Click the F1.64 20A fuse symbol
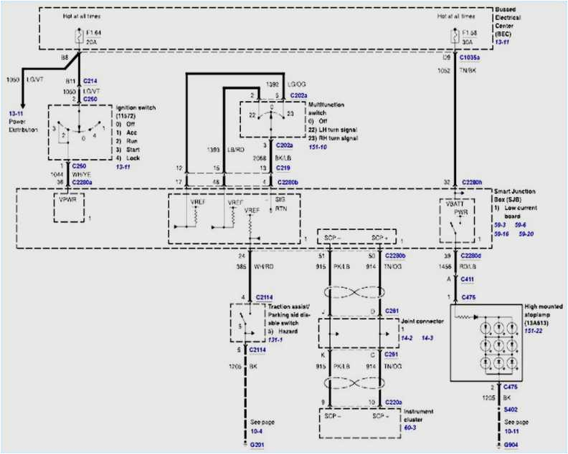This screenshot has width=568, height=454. (77, 35)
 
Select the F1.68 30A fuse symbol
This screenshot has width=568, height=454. (453, 35)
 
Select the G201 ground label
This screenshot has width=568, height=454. (257, 445)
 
